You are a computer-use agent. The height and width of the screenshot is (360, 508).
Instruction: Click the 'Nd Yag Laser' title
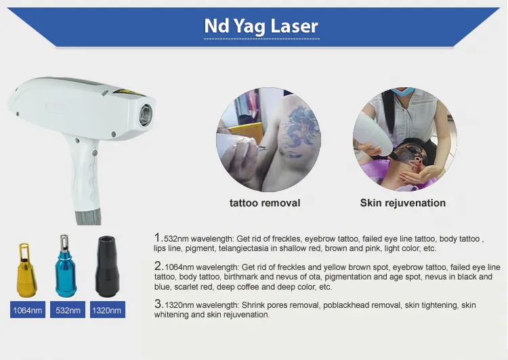[x=261, y=26]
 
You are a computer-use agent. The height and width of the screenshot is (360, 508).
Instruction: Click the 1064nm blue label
[x=28, y=311]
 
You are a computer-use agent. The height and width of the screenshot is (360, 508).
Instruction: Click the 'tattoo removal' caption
[x=264, y=202]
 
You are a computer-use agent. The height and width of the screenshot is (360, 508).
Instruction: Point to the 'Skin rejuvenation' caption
[x=402, y=202]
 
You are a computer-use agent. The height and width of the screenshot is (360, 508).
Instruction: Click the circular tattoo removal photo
[x=264, y=139]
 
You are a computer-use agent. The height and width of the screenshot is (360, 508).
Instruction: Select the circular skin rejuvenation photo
[x=402, y=139]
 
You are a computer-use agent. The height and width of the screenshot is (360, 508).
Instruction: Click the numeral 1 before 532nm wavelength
[x=157, y=238]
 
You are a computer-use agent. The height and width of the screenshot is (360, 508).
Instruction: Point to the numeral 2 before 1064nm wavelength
[x=157, y=266]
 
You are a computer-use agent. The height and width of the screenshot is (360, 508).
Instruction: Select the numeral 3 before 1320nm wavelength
[x=157, y=304]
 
